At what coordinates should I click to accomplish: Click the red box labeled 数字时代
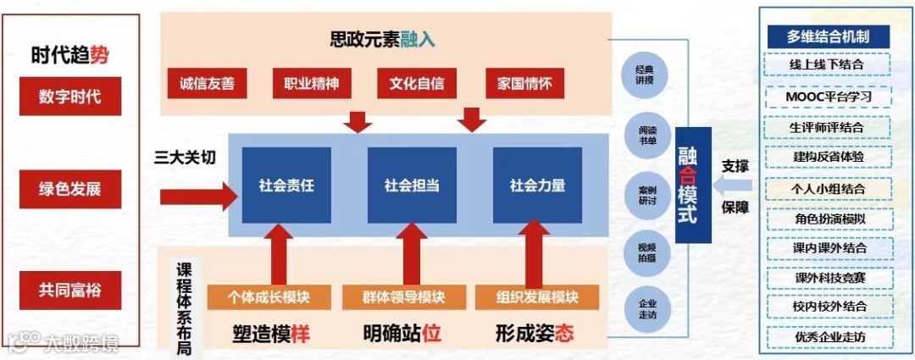click(69, 96)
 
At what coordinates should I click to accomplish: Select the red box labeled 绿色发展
click(69, 189)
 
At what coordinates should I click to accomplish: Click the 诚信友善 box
click(207, 84)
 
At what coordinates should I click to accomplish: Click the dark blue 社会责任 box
click(286, 185)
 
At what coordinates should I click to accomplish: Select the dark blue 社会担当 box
click(412, 185)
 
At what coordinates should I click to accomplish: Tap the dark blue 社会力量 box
click(537, 185)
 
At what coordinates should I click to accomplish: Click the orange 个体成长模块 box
click(269, 297)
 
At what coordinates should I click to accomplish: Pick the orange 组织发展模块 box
click(537, 297)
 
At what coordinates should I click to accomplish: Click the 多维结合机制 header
click(827, 36)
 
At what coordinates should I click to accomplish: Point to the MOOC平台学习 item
click(827, 97)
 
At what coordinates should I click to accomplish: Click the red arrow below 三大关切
click(198, 197)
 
